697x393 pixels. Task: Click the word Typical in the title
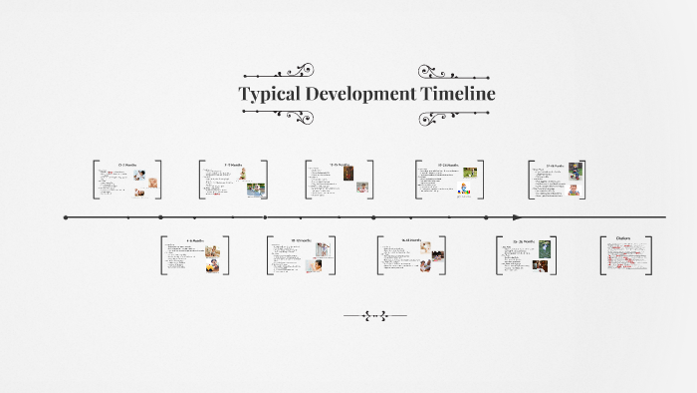271,95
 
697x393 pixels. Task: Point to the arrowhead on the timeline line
517,216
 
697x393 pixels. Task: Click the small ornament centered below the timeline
375,316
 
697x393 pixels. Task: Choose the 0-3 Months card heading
126,165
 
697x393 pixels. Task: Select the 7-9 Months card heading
232,165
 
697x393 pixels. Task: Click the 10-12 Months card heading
301,240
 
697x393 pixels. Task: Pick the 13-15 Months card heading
339,165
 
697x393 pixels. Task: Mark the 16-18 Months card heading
410,240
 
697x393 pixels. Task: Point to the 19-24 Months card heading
448,165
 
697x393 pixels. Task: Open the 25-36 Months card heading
526,240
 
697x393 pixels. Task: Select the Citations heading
623,238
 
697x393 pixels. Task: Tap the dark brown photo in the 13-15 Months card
347,173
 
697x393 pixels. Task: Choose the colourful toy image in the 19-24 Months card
464,190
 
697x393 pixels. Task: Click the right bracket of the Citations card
650,255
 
